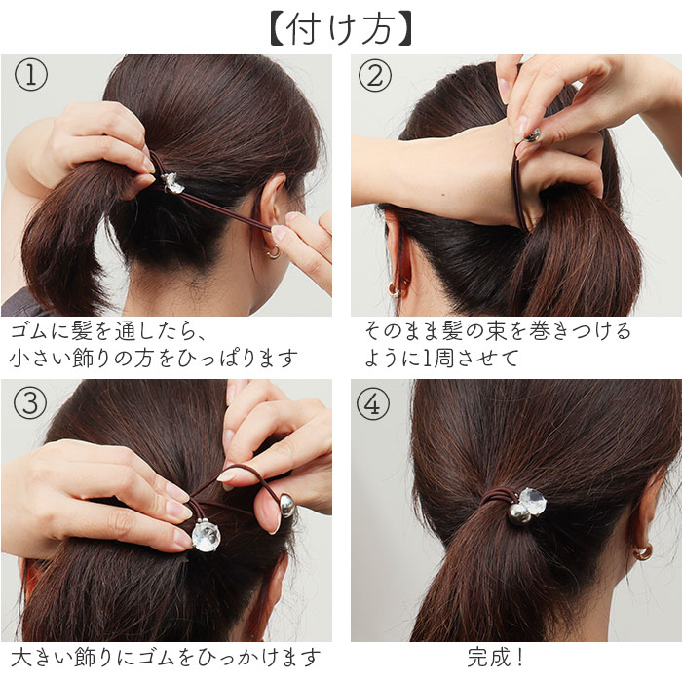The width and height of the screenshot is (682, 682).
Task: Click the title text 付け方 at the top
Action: [340, 26]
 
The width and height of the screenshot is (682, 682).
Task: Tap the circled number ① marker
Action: [32, 76]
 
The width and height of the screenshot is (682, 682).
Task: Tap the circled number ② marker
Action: [375, 76]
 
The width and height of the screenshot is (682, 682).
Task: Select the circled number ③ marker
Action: [32, 402]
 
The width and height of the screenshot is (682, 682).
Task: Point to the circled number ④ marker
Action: [373, 402]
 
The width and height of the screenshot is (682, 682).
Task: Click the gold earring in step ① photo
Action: [273, 251]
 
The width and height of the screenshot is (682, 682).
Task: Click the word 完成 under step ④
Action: [489, 657]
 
